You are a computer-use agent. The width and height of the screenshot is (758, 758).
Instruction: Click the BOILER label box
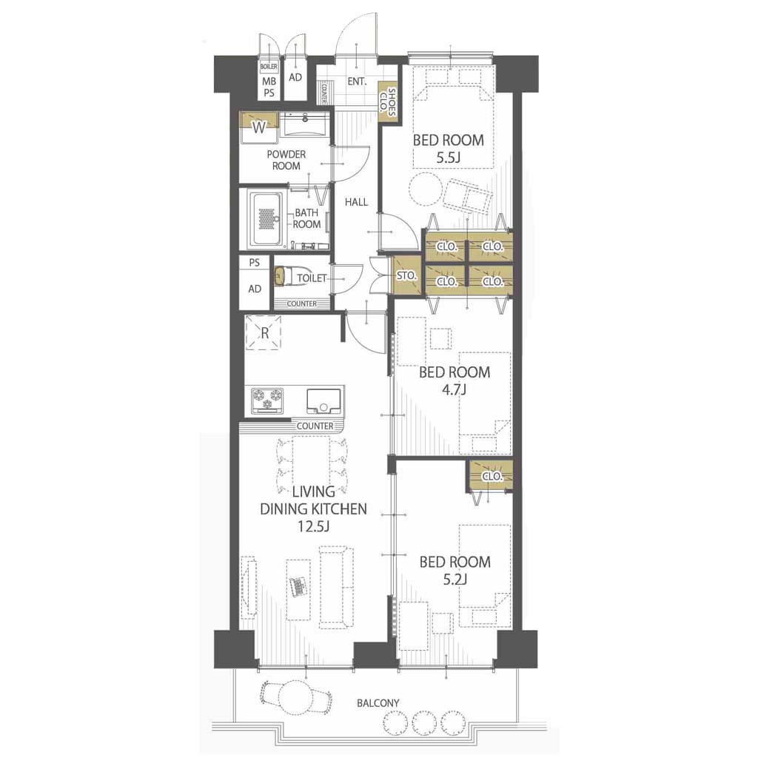(x=269, y=66)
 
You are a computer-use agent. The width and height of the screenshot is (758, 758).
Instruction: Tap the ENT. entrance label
(x=357, y=81)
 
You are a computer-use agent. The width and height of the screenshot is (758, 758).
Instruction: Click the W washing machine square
(x=259, y=127)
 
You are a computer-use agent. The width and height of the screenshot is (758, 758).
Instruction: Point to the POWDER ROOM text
(x=286, y=160)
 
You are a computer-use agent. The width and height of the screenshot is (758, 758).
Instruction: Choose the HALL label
(x=356, y=202)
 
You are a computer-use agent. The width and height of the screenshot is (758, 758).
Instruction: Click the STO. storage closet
(x=406, y=275)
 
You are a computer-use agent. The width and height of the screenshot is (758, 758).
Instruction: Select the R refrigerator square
(x=264, y=332)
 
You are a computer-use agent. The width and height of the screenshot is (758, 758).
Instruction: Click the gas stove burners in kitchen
(x=267, y=400)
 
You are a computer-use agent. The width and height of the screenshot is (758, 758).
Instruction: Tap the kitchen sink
(x=324, y=400)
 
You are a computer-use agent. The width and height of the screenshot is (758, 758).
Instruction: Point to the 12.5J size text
(x=313, y=526)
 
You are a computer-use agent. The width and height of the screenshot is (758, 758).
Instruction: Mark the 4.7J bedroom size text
(x=454, y=389)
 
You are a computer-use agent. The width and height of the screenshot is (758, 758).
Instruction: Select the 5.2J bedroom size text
(x=455, y=579)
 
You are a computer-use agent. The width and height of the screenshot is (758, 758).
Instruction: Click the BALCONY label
(x=378, y=703)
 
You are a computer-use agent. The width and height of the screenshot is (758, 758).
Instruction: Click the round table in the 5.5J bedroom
(x=426, y=189)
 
